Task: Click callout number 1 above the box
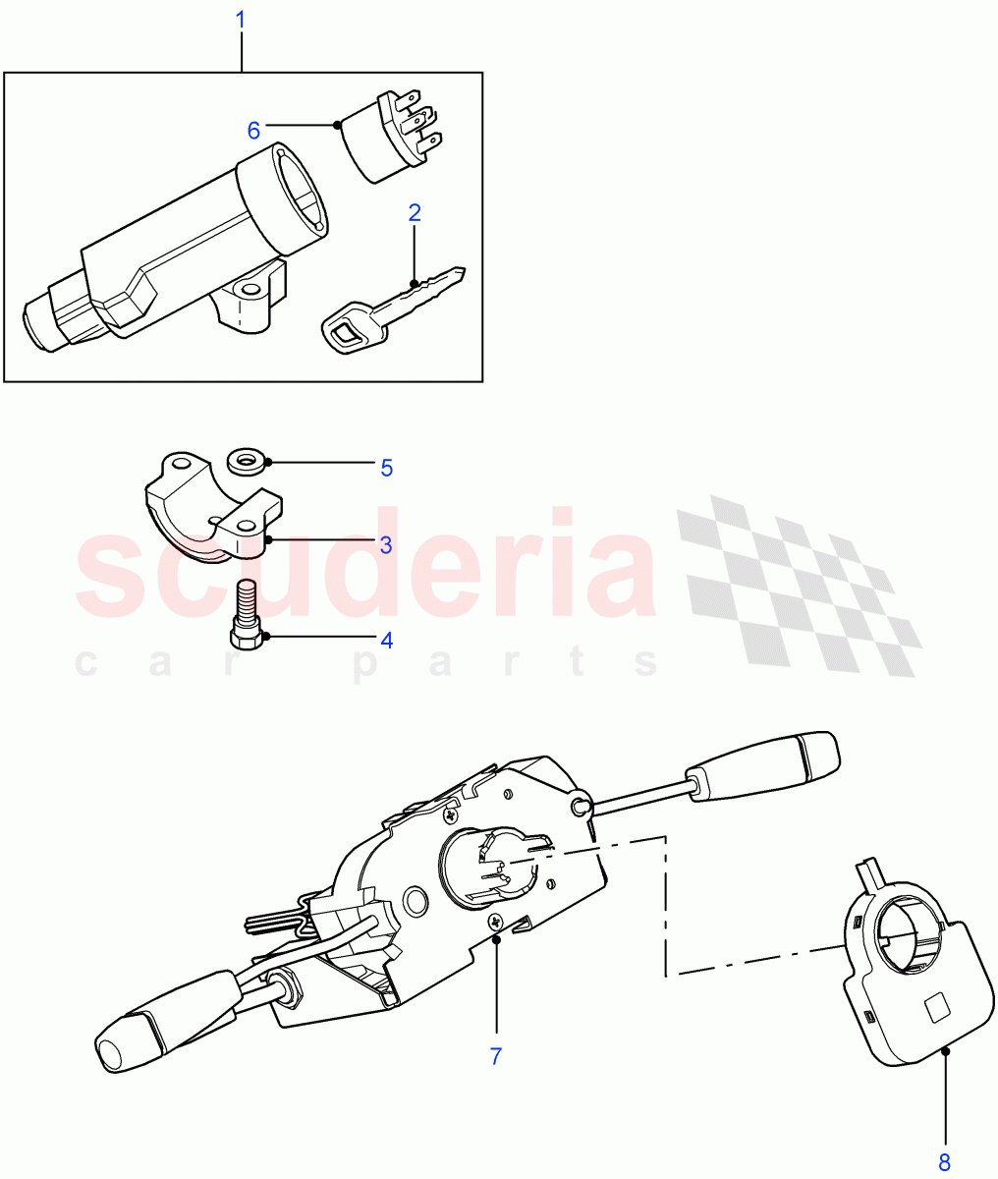pyautogui.click(x=241, y=20)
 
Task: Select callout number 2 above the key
pyautogui.click(x=415, y=213)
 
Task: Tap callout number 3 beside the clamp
pyautogui.click(x=386, y=545)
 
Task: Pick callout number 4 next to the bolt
pyautogui.click(x=387, y=640)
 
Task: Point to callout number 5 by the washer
pyautogui.click(x=387, y=468)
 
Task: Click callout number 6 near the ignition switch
pyautogui.click(x=253, y=131)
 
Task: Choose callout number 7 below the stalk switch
pyautogui.click(x=496, y=1056)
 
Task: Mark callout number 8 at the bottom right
pyautogui.click(x=944, y=1162)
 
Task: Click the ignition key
pyautogui.click(x=394, y=309)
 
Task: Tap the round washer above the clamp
pyautogui.click(x=247, y=461)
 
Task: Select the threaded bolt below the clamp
pyautogui.click(x=247, y=614)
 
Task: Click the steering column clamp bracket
pyautogui.click(x=214, y=508)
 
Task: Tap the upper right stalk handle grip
pyautogui.click(x=764, y=766)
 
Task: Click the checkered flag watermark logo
pyautogui.click(x=799, y=586)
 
